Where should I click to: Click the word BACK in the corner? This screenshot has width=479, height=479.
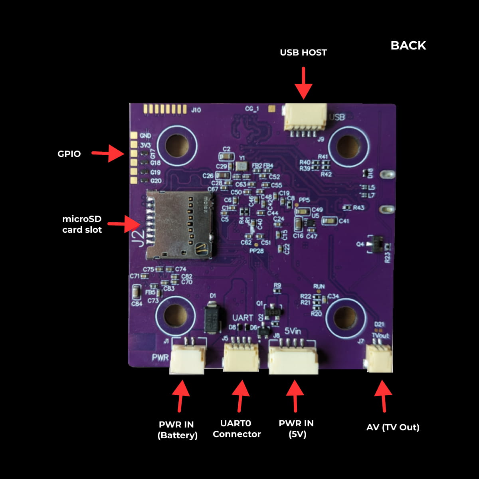point(408,46)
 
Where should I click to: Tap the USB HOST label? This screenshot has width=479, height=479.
point(303,52)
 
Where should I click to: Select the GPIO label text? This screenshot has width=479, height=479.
point(69,154)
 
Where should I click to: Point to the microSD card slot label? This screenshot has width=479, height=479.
point(82,224)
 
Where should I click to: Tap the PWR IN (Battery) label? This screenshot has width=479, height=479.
point(178,430)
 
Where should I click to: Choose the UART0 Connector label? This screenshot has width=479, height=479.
point(236,429)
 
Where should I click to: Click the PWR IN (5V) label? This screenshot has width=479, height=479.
point(296,429)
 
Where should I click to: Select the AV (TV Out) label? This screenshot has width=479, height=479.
point(393,427)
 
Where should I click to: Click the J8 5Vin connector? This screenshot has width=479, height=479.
point(293,359)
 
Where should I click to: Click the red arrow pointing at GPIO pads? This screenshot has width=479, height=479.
point(108,153)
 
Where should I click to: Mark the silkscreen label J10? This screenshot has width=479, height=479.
point(196,110)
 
